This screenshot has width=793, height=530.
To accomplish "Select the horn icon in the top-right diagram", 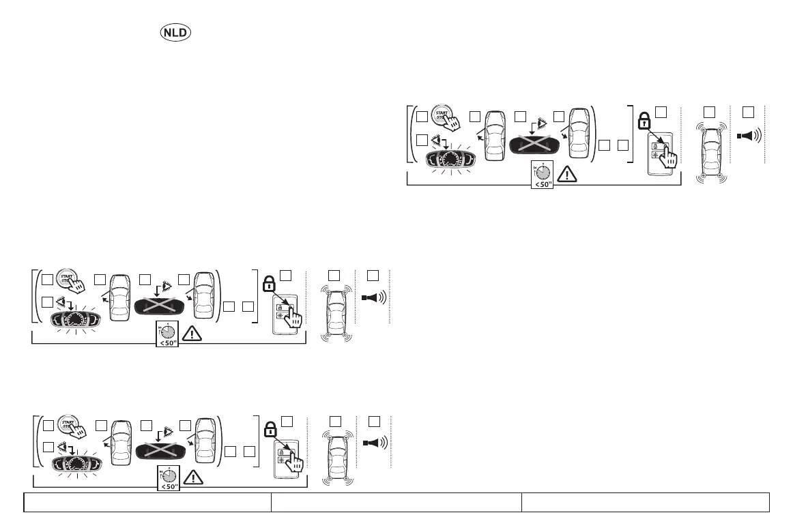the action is pyautogui.click(x=749, y=134).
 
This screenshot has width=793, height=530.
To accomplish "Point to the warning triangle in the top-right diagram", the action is pyautogui.click(x=567, y=175).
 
